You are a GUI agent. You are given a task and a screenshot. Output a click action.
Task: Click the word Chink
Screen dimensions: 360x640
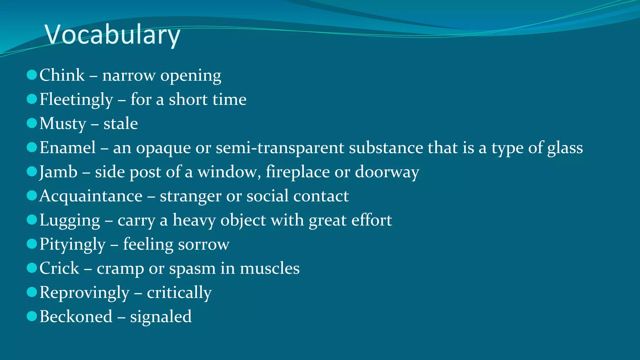62,75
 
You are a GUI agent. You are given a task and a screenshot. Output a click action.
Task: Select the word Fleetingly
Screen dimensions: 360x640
76,100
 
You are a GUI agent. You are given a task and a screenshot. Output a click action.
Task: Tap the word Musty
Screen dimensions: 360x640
62,124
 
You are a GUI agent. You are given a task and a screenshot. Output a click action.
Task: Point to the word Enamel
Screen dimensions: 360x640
67,147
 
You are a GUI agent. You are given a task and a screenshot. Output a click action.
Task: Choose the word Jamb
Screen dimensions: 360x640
58,172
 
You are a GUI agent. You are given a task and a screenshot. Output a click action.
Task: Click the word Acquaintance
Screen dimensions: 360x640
91,196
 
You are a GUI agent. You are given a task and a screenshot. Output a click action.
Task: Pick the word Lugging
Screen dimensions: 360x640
70,221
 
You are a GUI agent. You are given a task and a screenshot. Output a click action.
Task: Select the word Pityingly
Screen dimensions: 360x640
72,244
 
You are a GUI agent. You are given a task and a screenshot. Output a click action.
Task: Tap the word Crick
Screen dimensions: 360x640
59,268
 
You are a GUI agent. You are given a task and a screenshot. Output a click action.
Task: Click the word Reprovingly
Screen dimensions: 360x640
84,293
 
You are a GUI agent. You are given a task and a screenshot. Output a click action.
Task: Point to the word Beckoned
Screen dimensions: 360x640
76,317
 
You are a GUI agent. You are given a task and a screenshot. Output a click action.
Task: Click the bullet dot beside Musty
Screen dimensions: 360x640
32,123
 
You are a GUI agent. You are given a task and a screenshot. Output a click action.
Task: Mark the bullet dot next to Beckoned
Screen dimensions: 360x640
32,316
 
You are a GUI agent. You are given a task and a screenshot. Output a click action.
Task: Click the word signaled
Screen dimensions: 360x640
161,317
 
